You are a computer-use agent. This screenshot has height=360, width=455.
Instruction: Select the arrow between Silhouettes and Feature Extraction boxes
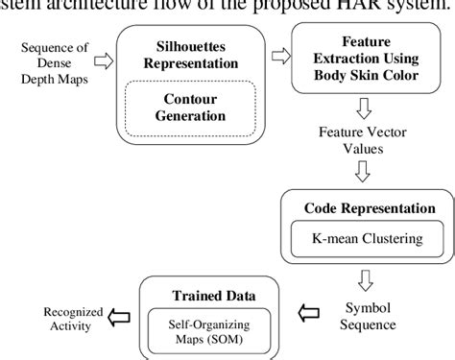click(279, 60)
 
